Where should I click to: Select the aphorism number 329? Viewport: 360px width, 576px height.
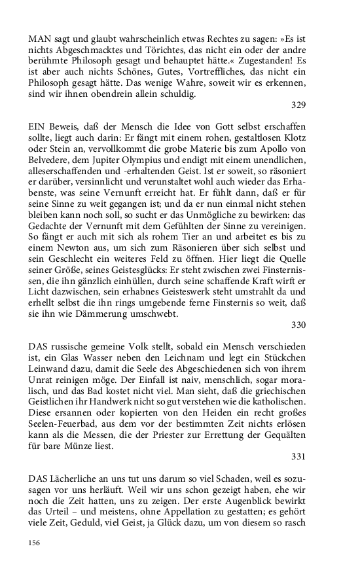pos(298,105)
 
